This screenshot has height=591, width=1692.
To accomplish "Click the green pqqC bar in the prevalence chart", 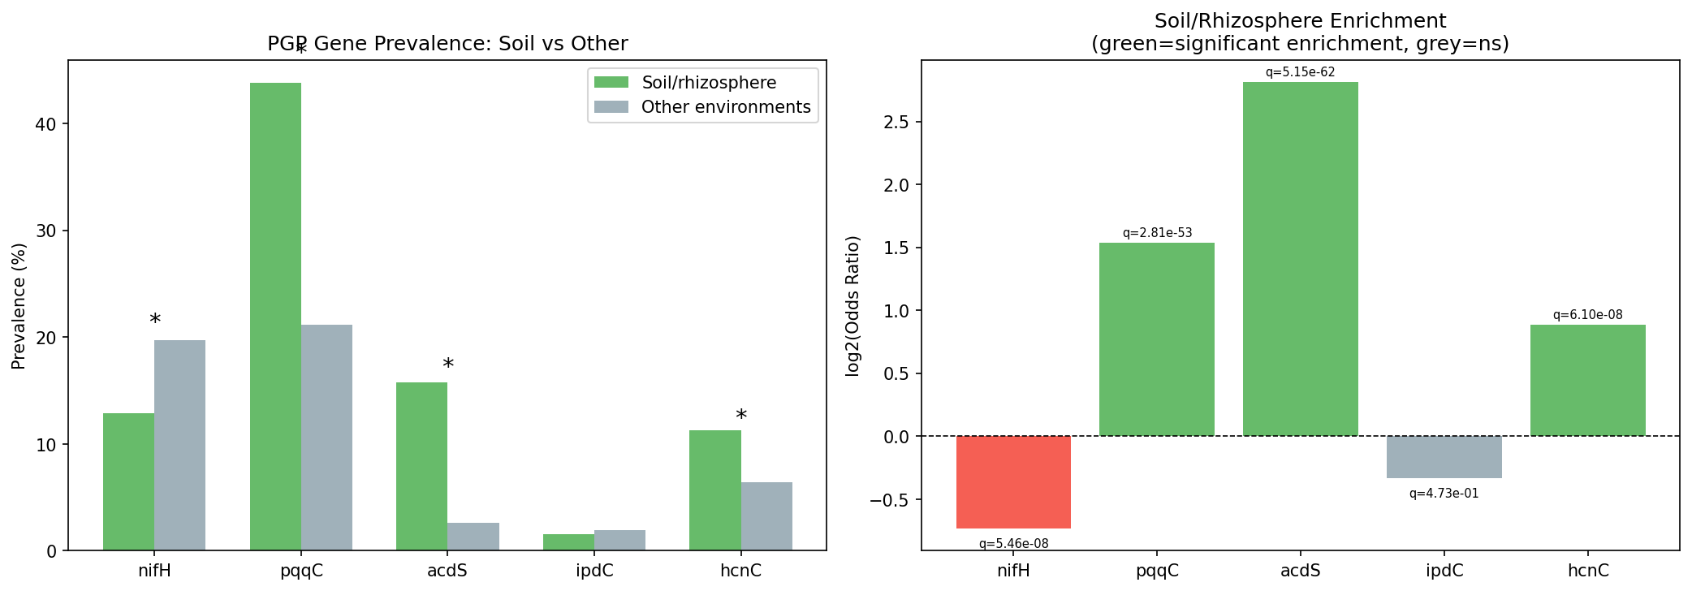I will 275,317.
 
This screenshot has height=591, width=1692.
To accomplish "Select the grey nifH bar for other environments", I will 179,445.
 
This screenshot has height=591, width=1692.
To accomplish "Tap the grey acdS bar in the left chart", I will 473,537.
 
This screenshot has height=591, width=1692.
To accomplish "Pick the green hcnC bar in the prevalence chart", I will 714,490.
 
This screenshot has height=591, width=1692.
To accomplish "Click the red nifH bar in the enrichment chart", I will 1013,482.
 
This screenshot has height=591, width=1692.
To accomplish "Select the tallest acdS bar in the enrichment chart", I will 1300,259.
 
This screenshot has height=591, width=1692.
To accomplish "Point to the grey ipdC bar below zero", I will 1444,457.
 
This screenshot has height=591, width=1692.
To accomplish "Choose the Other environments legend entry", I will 725,107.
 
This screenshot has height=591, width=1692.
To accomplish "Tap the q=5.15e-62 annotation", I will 1300,72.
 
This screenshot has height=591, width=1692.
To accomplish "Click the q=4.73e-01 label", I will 1444,494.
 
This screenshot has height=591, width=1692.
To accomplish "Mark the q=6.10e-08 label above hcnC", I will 1587,315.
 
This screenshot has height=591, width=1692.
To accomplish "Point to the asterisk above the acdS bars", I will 448,365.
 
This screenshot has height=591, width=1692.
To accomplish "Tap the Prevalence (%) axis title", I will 19,306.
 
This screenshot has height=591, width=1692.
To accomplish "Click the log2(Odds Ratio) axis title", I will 852,306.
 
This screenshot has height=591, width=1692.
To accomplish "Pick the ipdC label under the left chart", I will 594,571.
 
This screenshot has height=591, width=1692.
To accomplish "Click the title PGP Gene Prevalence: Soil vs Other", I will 447,43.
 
